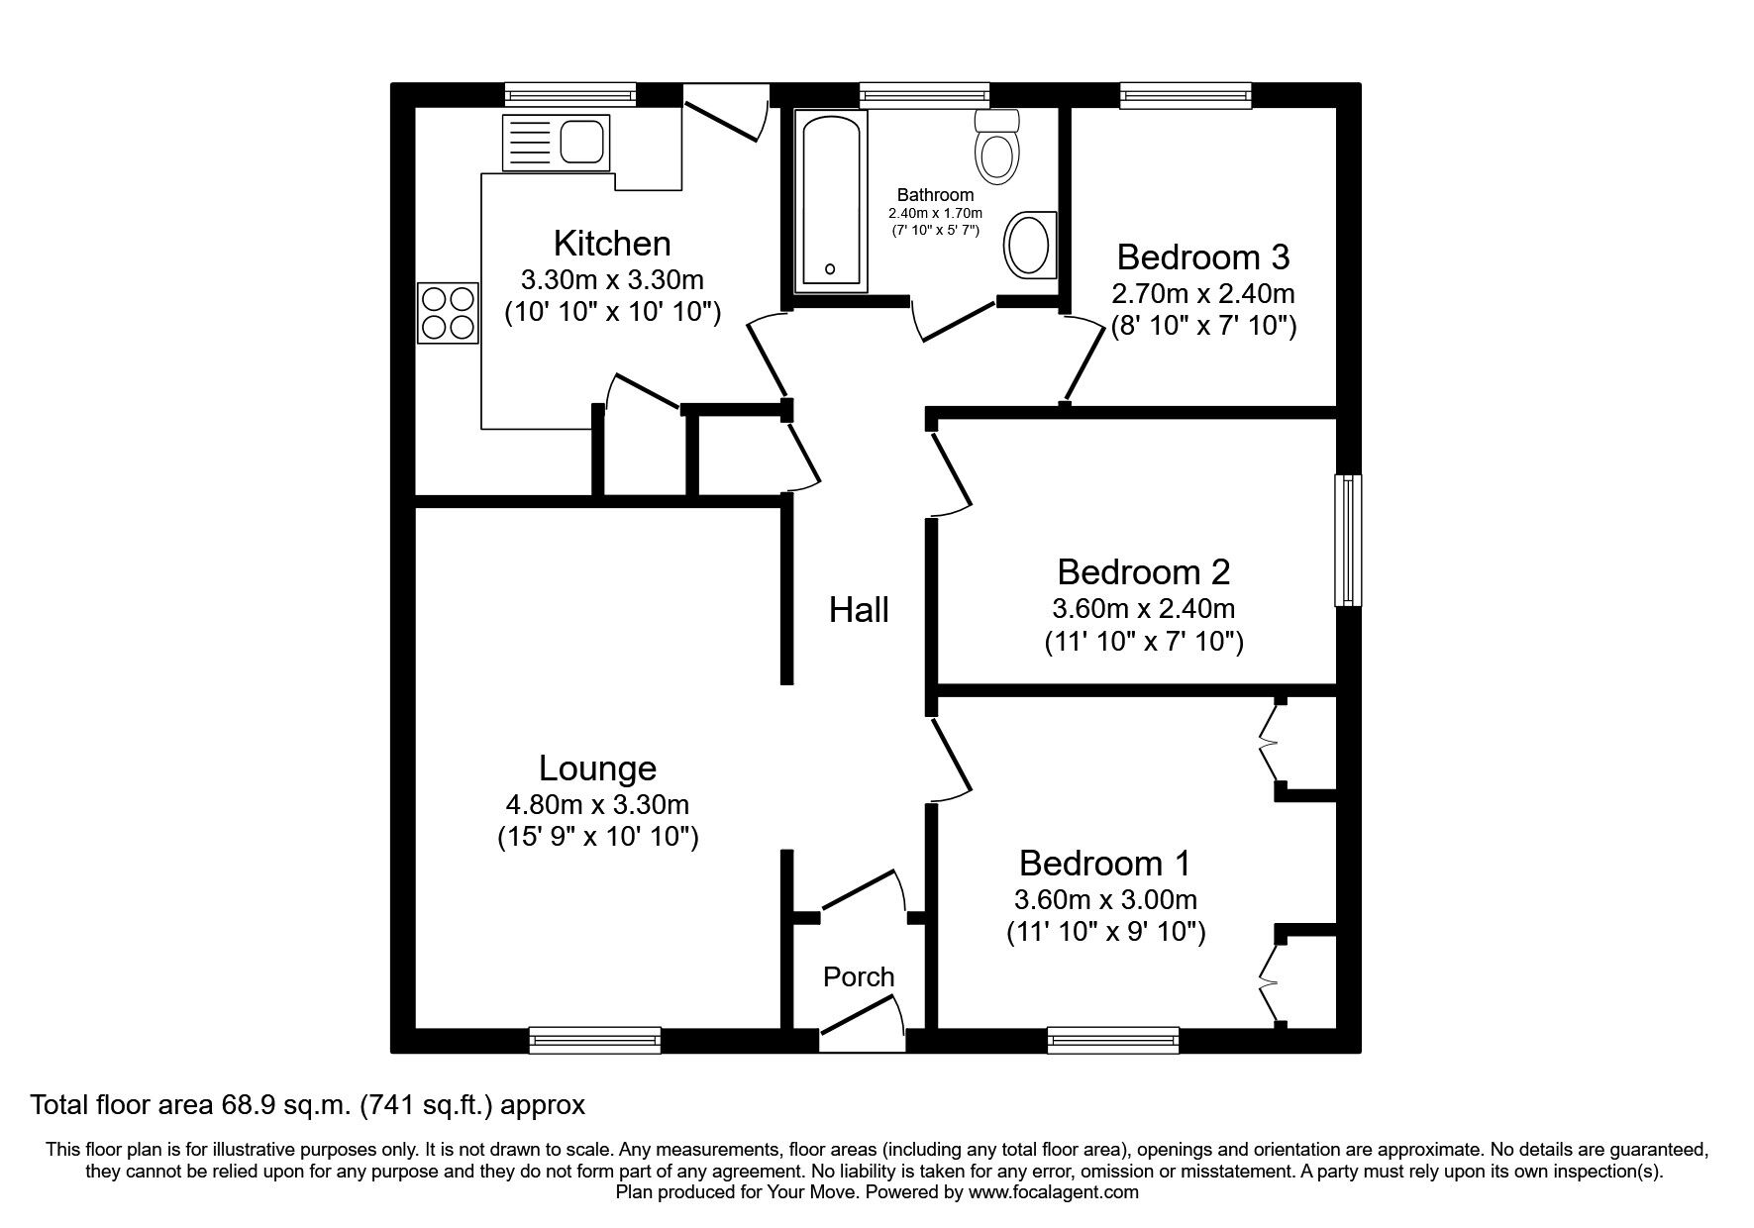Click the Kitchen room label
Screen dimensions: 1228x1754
[x=611, y=243]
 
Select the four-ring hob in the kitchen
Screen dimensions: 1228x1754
[x=448, y=313]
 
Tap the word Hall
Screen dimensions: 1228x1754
[x=858, y=609]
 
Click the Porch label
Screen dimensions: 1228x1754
[x=858, y=977]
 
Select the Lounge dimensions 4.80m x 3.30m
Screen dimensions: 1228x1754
[x=597, y=804]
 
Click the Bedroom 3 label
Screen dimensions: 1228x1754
[x=1202, y=256]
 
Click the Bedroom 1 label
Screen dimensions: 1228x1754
[x=1104, y=864]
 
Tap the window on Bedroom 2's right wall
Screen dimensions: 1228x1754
[x=1347, y=540]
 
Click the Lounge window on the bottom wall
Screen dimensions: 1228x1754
[x=594, y=1040]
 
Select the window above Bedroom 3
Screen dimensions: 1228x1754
[x=1186, y=95]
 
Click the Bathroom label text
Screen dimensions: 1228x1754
[x=935, y=195]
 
